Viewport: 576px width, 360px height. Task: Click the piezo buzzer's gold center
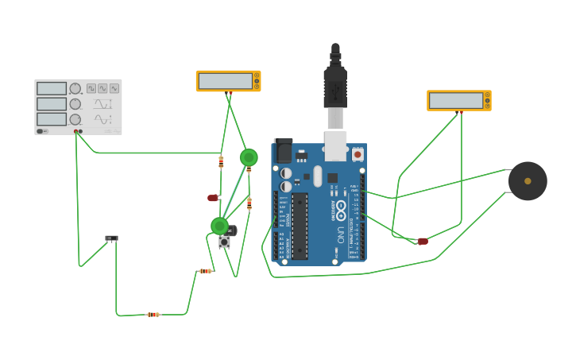[528, 181]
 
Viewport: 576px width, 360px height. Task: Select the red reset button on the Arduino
[358, 154]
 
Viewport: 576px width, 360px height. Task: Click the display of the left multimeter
[225, 81]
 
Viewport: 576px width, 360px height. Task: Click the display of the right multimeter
[456, 100]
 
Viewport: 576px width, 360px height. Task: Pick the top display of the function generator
[51, 88]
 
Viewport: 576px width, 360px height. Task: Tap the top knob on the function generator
[75, 88]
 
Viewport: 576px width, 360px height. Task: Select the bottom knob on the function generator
[75, 118]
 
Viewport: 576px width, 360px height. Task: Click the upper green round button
[249, 157]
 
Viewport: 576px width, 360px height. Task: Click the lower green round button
[220, 226]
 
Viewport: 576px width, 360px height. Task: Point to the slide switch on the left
[111, 238]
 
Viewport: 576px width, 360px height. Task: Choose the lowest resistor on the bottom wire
[153, 315]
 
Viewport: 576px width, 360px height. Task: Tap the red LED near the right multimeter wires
[423, 242]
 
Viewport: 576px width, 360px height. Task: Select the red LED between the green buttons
[213, 197]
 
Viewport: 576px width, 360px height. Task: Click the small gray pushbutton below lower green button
[225, 242]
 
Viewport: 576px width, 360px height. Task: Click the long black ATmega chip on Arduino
[300, 226]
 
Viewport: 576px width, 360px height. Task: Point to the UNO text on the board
[341, 235]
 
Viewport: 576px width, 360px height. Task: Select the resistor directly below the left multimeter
[221, 161]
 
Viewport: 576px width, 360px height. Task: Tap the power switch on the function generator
[41, 131]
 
